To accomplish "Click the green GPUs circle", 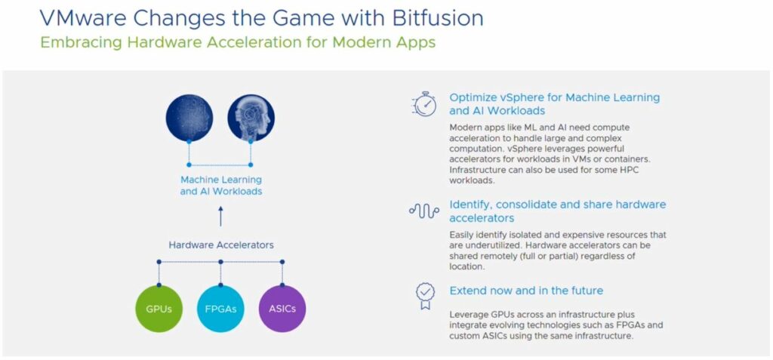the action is [x=159, y=309].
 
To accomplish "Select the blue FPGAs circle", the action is [x=220, y=309].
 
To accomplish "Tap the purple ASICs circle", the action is [x=282, y=309].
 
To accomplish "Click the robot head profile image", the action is [x=251, y=118].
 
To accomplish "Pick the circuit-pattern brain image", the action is [x=189, y=118].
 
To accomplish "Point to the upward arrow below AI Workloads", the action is [x=220, y=217].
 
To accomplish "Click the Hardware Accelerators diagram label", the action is [x=221, y=245].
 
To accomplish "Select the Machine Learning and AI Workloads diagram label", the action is [x=221, y=186].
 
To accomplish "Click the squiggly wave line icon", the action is [x=424, y=211].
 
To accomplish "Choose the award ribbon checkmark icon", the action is [x=424, y=295].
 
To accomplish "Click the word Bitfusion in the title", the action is [x=438, y=18].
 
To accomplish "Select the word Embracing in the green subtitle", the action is [x=82, y=43].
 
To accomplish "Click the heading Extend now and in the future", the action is [x=526, y=291].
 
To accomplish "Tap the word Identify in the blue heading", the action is [x=469, y=205].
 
